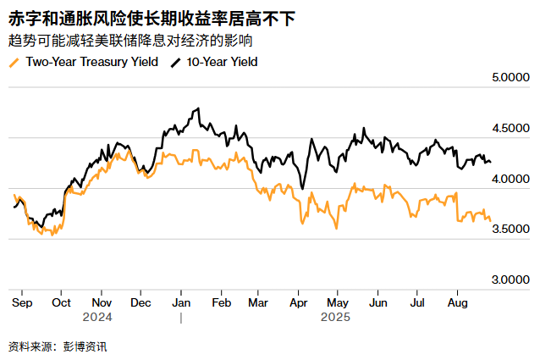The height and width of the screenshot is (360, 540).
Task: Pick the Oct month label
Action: point(61,302)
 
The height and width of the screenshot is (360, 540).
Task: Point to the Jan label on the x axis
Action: point(180,302)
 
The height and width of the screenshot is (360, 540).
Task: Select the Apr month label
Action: point(298,302)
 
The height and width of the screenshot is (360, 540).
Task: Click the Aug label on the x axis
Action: point(457,302)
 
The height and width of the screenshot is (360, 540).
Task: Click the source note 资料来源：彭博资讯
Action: point(58,346)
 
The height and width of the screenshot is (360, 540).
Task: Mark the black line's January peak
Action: point(197,108)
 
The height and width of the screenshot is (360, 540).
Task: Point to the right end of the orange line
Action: point(490,220)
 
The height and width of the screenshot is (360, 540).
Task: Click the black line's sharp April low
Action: point(302,190)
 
